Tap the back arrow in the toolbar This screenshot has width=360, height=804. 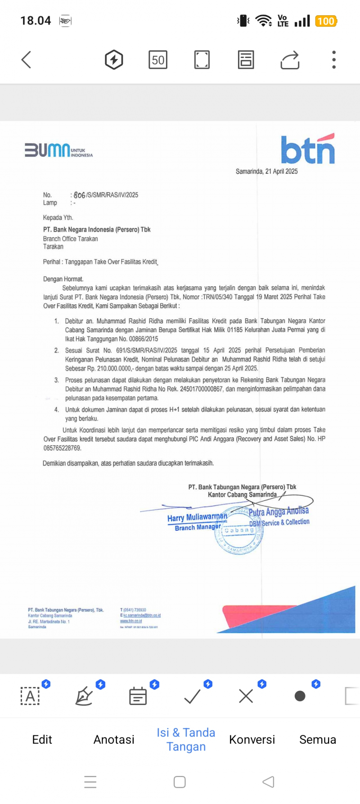point(27,59)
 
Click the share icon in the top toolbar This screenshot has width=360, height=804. point(290,60)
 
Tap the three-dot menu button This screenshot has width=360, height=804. point(333,60)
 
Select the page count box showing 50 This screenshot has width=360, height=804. point(158,60)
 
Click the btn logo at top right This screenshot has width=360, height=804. point(308,149)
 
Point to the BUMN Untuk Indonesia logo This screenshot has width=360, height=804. point(58,150)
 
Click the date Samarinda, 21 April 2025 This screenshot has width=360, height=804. point(266,172)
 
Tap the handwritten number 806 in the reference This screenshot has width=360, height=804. point(79,195)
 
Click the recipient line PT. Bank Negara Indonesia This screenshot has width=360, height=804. point(97,230)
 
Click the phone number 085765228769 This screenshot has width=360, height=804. point(62,448)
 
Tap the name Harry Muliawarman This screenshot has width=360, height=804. point(197,517)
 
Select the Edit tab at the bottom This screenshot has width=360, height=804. point(42,739)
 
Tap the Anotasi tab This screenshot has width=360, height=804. point(114,739)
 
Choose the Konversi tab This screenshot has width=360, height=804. point(252,739)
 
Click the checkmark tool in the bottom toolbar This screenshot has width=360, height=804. point(192,696)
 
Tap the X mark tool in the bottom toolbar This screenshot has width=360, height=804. point(246,696)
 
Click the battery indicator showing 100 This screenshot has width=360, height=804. point(326,21)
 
